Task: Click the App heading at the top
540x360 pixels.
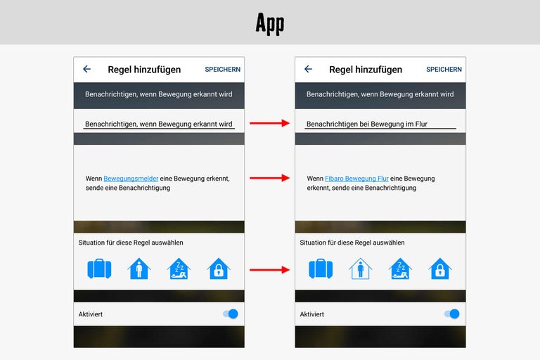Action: coord(270,23)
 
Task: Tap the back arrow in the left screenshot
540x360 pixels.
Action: coord(86,69)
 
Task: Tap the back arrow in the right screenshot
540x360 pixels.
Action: coord(308,69)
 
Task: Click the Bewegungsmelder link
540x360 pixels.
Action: coord(131,179)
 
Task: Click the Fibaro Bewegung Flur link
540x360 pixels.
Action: coord(356,179)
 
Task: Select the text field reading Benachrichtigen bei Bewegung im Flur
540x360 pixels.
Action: coord(380,124)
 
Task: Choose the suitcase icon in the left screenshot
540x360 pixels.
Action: coord(100,269)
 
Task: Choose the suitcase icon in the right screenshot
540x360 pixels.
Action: coord(321,269)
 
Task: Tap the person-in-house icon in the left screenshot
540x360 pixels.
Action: coord(139,269)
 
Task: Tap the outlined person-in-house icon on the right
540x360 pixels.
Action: coord(361,269)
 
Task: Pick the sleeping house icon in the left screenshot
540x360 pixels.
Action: coord(179,269)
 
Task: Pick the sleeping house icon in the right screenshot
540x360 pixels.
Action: coord(400,269)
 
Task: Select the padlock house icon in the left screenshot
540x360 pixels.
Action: coord(219,269)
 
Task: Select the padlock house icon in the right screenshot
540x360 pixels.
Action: coord(440,269)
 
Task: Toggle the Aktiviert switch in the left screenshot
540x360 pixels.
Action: coord(231,314)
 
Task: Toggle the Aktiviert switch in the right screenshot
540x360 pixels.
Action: coord(452,314)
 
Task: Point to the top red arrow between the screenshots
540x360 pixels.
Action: coord(270,123)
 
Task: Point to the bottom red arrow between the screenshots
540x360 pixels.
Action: coord(270,269)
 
